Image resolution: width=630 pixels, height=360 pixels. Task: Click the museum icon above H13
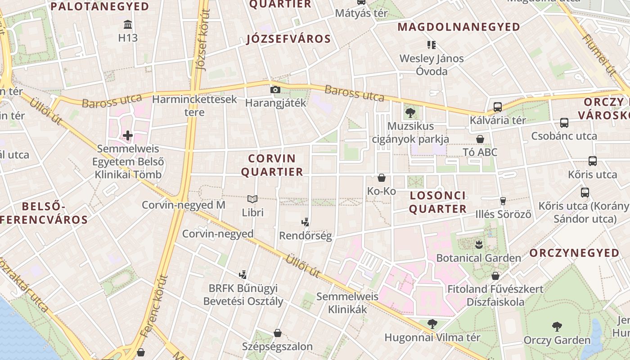pos(128,24)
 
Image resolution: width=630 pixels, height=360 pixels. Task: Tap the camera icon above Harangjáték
pos(275,90)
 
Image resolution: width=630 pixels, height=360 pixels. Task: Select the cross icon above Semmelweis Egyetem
pos(128,135)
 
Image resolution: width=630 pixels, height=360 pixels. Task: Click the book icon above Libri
pos(252,199)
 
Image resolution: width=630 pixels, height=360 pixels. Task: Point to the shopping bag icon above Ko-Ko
pos(382,178)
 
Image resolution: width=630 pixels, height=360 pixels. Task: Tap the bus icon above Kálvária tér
pos(497,107)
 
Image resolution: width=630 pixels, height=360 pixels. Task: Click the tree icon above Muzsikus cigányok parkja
pos(410,112)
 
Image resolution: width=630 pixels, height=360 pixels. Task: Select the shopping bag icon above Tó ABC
pos(480,139)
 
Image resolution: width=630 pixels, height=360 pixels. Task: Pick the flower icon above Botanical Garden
pos(478,245)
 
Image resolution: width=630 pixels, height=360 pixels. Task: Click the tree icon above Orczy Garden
pos(557,327)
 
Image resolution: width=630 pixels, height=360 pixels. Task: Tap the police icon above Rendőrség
pos(306,222)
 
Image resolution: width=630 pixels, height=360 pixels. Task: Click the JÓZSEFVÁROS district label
pos(288,39)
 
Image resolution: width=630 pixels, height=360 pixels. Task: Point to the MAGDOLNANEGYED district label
pos(459,27)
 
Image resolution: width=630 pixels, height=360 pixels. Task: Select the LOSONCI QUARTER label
pos(437,202)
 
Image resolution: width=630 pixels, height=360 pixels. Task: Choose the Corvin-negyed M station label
pos(183,205)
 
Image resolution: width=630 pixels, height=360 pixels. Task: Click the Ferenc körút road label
pos(153,306)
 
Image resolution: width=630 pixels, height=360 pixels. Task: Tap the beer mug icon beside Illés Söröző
pos(503,201)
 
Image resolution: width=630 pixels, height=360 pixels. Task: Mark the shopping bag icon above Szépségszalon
pos(277,333)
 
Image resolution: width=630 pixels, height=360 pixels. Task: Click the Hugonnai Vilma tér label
pos(432,337)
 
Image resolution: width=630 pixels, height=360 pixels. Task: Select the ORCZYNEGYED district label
pos(574,253)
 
